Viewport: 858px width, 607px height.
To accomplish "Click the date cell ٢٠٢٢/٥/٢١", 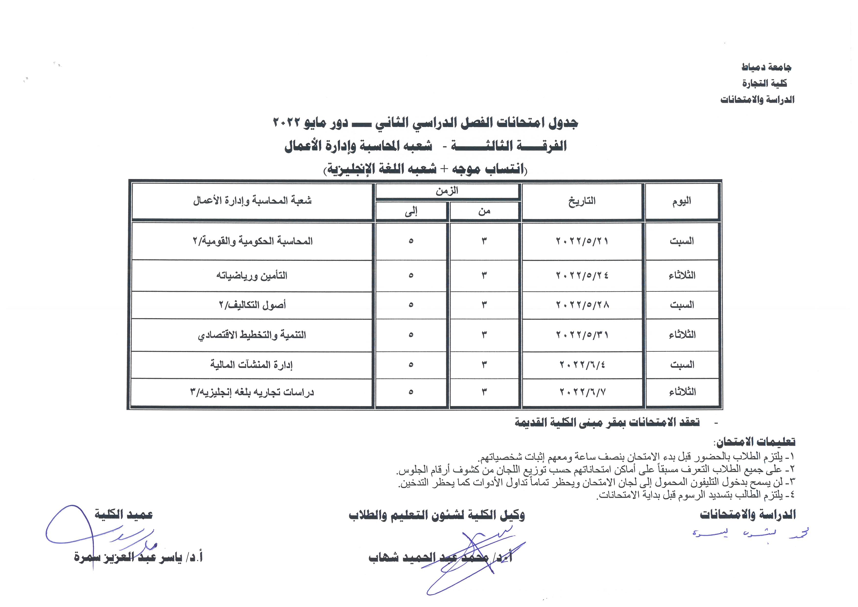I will point(582,241).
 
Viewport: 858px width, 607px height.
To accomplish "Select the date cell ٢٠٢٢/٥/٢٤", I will point(582,276).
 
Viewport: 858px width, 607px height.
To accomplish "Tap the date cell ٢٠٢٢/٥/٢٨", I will point(582,305).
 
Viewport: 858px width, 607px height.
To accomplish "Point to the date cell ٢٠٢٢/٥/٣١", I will point(582,335).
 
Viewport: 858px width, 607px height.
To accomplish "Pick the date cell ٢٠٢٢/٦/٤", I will point(582,364).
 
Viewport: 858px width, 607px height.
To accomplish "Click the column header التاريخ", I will point(582,201).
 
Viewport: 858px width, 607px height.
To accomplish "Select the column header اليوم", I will point(682,201).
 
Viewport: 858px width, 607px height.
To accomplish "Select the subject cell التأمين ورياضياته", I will point(251,276).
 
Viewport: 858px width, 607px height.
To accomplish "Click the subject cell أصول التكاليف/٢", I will point(252,305).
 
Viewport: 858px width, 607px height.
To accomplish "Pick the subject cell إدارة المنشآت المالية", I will point(251,364).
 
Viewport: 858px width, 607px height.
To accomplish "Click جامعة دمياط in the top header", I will point(766,67).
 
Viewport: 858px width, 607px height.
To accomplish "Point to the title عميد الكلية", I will point(123,514).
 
